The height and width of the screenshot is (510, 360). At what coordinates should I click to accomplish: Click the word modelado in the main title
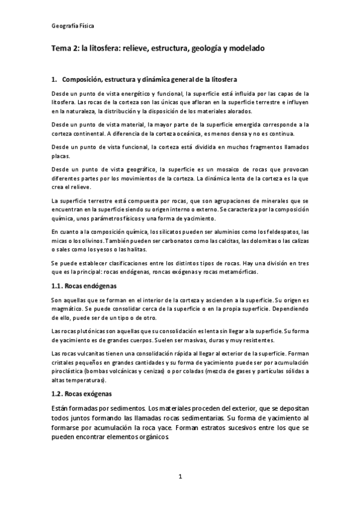(242, 47)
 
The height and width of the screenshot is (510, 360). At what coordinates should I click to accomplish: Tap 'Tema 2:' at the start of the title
(65, 47)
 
